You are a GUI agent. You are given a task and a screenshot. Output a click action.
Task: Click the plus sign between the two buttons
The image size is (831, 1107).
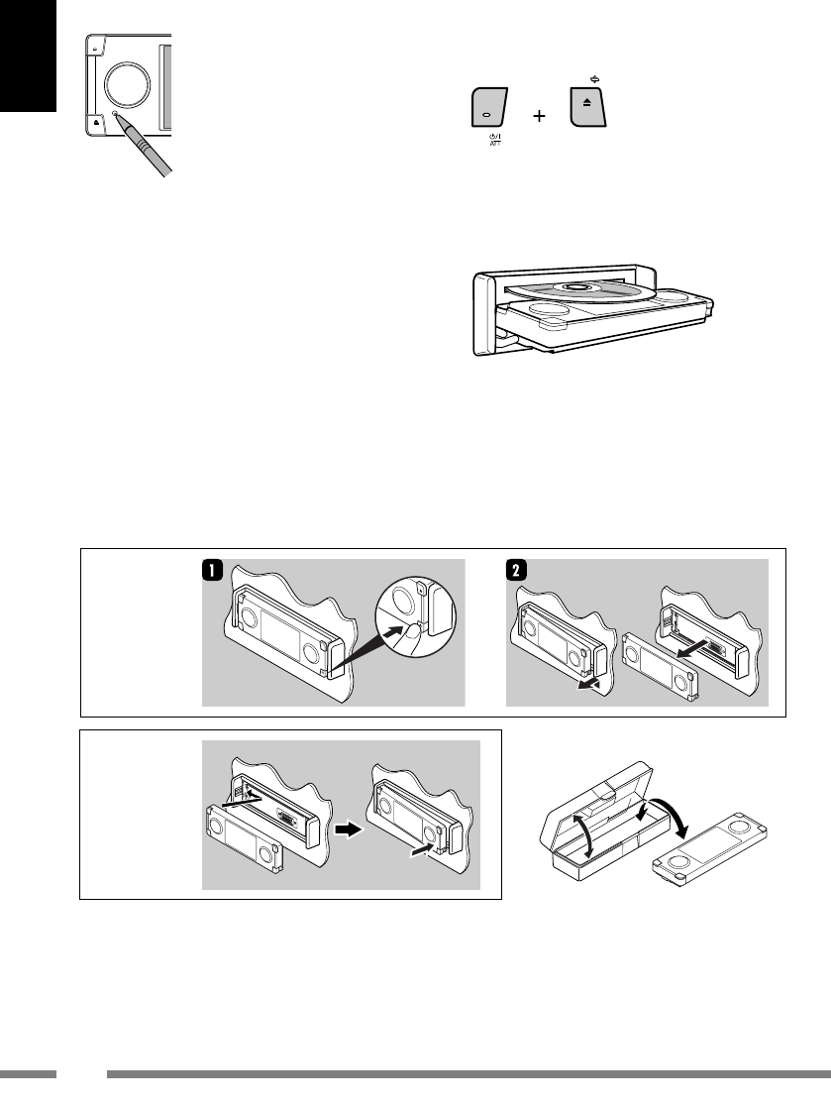[x=539, y=116]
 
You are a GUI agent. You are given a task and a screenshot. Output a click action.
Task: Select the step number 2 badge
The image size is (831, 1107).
[x=516, y=570]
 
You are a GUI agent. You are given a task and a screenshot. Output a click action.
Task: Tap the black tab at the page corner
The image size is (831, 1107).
[x=28, y=55]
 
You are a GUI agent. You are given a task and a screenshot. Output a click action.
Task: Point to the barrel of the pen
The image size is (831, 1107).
[x=148, y=150]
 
